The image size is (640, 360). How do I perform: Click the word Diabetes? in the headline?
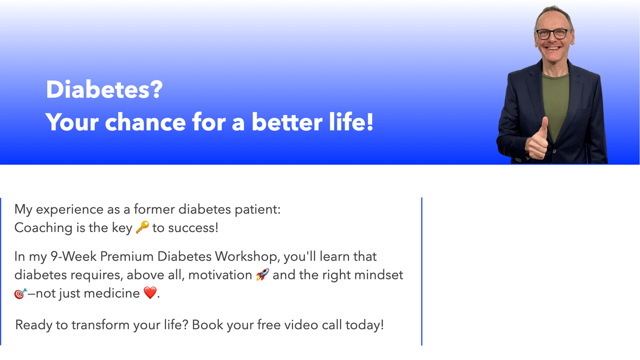(x=104, y=90)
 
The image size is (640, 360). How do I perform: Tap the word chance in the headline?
(x=145, y=122)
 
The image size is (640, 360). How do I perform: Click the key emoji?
(x=142, y=227)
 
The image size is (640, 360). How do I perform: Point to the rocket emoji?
(x=262, y=275)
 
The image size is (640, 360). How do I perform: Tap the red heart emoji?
(x=150, y=293)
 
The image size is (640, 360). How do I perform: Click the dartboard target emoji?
(x=20, y=293)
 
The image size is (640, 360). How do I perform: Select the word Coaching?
(x=44, y=228)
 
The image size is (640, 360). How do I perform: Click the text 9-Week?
(x=74, y=256)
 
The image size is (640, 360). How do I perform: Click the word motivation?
(x=220, y=275)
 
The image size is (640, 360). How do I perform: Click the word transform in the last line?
(x=100, y=325)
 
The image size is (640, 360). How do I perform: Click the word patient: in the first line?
(x=258, y=210)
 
